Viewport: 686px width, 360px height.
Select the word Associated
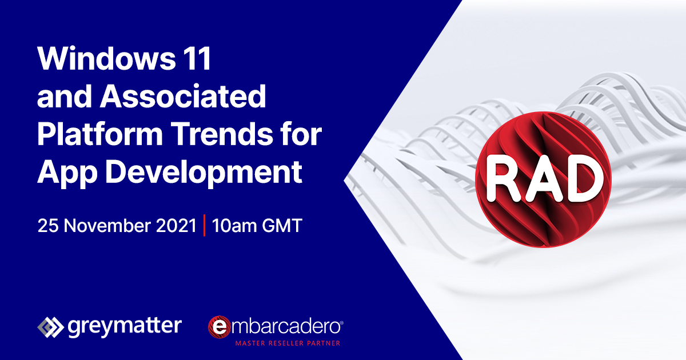183,96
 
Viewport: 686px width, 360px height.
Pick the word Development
204,172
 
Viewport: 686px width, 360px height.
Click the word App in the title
67,173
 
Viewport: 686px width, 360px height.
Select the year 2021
176,226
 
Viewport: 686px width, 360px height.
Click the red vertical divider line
204,226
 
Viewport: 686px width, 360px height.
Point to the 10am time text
234,226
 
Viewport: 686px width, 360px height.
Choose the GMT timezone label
282,226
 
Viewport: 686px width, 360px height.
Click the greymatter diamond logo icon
50,327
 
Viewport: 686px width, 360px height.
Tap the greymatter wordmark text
125,327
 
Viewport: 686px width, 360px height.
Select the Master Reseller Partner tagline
288,343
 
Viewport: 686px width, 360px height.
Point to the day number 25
48,226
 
